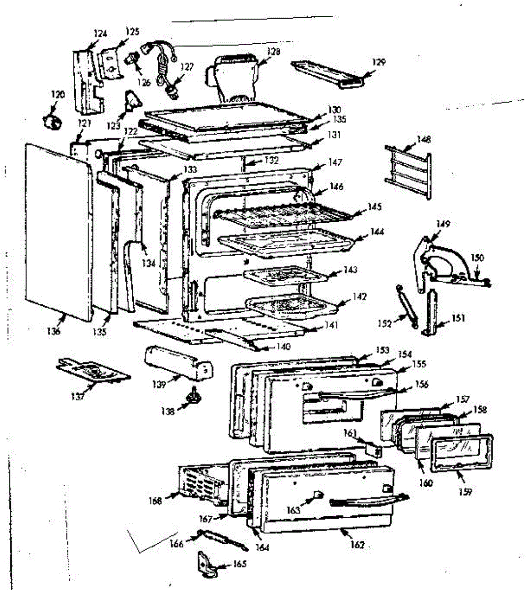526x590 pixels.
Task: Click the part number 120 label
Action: pos(58,94)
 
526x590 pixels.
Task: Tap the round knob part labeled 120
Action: pos(52,120)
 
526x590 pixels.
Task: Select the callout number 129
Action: pos(379,62)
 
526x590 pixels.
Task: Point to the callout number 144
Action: pos(377,232)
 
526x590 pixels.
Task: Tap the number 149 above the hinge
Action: pos(443,224)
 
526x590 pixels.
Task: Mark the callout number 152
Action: pos(384,324)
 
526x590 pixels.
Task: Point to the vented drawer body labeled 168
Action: pos(202,484)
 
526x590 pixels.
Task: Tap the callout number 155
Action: pos(419,364)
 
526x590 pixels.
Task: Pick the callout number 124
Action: pos(100,33)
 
